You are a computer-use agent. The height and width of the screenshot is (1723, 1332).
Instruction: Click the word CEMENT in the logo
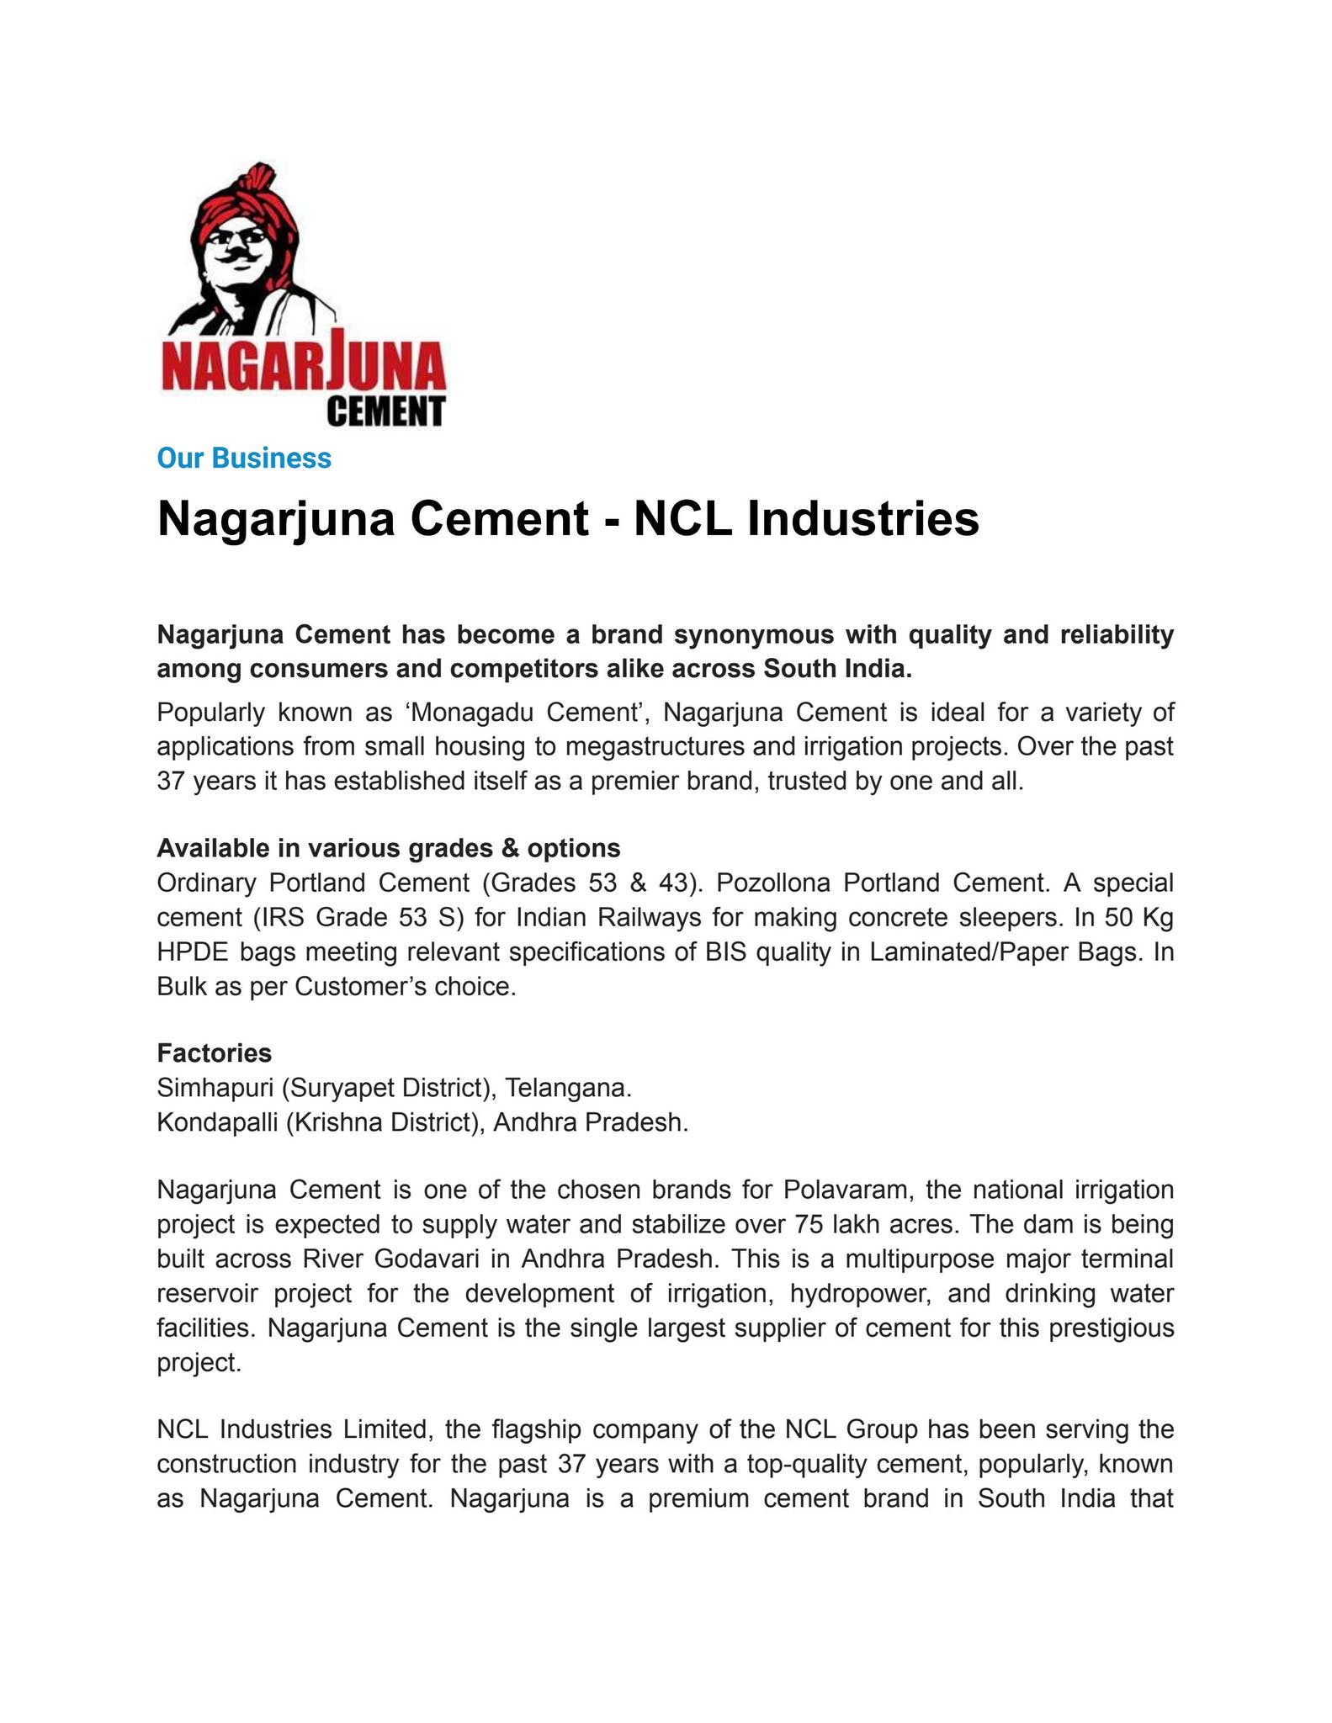385,411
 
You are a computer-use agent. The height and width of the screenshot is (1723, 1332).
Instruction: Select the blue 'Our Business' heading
244,459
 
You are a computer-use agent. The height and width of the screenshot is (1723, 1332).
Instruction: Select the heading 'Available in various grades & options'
389,847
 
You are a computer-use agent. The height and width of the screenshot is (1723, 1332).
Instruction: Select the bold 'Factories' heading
214,1053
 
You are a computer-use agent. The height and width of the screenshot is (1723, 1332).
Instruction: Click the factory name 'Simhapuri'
215,1089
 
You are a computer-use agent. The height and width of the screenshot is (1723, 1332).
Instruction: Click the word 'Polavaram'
846,1190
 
